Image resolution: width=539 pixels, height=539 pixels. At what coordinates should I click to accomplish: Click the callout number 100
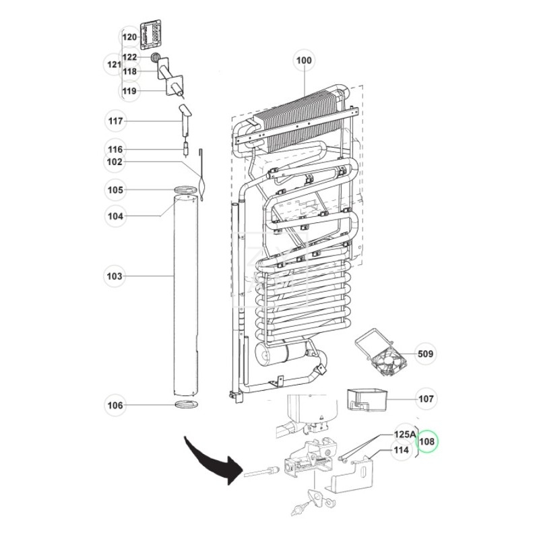[x=305, y=61]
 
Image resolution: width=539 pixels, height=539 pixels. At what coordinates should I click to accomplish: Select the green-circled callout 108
[x=427, y=442]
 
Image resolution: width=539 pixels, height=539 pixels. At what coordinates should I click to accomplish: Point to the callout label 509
[x=425, y=354]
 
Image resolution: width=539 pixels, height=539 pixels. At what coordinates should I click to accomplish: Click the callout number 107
[x=425, y=398]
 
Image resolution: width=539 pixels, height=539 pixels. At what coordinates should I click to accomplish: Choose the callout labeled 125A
[x=404, y=436]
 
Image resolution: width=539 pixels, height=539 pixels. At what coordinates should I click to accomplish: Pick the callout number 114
[x=402, y=451]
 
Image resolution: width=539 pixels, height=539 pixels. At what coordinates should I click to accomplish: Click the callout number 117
[x=116, y=121]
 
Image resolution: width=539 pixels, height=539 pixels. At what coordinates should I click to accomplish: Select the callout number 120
[x=129, y=36]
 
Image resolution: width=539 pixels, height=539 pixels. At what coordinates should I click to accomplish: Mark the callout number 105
[x=116, y=191]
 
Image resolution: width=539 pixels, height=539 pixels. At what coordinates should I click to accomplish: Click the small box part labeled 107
[x=364, y=399]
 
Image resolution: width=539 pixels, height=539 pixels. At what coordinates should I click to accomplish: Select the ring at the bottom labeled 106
[x=186, y=405]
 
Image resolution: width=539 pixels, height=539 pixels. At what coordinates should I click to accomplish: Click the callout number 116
[x=116, y=150]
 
